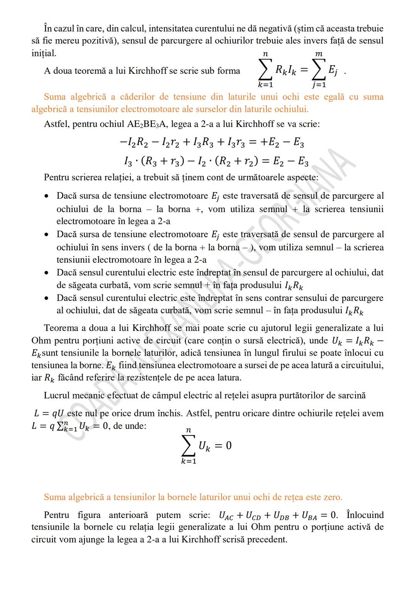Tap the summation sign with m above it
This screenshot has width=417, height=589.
point(319,71)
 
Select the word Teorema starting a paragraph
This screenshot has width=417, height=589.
point(62,328)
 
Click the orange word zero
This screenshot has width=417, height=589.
point(332,497)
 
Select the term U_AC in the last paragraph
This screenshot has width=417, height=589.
point(226,516)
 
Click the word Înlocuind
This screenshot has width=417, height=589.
point(365,515)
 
